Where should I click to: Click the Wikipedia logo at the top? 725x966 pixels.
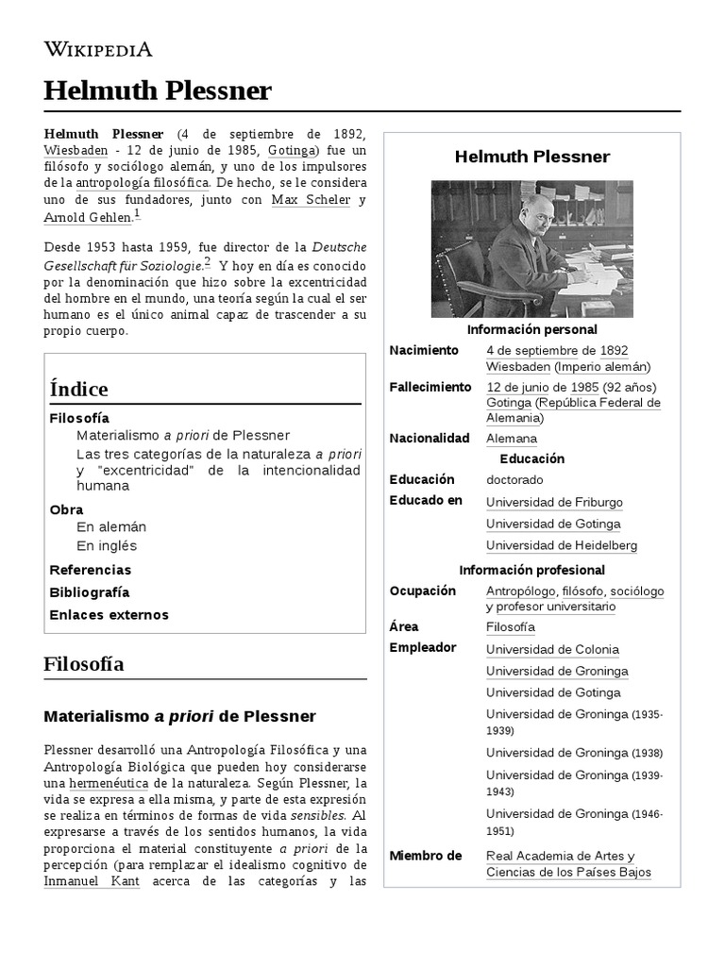pyautogui.click(x=98, y=49)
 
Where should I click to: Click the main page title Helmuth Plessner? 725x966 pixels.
pyautogui.click(x=158, y=91)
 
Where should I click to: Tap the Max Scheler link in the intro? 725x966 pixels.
pyautogui.click(x=311, y=200)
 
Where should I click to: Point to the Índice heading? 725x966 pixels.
pyautogui.click(x=78, y=389)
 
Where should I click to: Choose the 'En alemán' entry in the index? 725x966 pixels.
pyautogui.click(x=111, y=526)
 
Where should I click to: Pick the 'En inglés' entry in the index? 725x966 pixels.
pyautogui.click(x=107, y=545)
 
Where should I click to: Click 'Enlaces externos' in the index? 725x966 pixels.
pyautogui.click(x=109, y=615)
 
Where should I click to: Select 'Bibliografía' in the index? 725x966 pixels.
pyautogui.click(x=90, y=592)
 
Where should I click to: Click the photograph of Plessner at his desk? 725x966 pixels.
pyautogui.click(x=532, y=248)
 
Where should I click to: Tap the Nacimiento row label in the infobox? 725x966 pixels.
pyautogui.click(x=424, y=351)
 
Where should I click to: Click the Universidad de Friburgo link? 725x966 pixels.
pyautogui.click(x=554, y=503)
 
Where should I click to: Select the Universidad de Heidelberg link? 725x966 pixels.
pyautogui.click(x=561, y=545)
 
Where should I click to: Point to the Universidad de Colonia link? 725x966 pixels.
pyautogui.click(x=552, y=649)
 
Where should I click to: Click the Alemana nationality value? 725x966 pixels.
pyautogui.click(x=511, y=439)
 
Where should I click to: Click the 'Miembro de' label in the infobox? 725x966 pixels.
pyautogui.click(x=426, y=856)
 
